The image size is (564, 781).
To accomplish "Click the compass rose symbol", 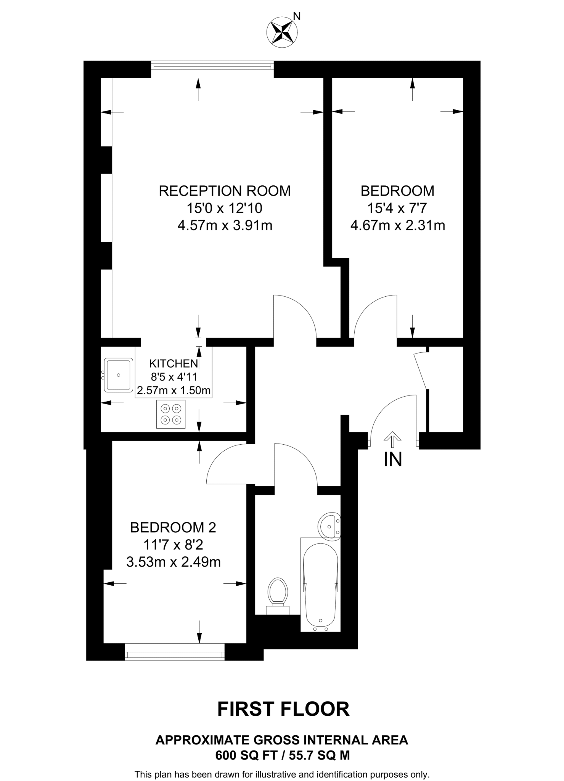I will tap(282, 32).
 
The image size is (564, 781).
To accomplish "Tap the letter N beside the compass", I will tap(297, 16).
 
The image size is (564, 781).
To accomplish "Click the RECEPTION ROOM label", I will tap(225, 191).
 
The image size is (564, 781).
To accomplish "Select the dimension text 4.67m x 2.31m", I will tap(397, 225).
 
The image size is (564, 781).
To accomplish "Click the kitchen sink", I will tap(119, 375).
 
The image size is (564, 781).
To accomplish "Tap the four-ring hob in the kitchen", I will tap(171, 414).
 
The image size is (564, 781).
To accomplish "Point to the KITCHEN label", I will tap(174, 363).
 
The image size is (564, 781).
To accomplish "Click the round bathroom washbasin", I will tap(329, 526).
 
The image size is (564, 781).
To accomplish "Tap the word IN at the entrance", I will tap(393, 460).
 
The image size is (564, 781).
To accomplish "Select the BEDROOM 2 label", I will tap(173, 527).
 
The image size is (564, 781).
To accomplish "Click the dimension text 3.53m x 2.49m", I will tap(173, 562).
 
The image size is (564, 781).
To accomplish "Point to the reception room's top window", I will tap(212, 69).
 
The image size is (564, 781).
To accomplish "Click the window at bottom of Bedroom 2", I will tap(175, 655).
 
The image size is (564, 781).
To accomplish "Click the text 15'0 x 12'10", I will tap(224, 208).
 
